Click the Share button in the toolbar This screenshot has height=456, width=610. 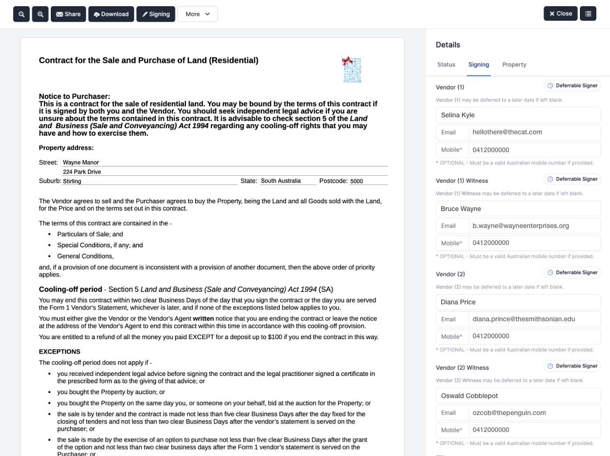(x=68, y=14)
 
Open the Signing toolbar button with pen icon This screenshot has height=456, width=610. (x=156, y=14)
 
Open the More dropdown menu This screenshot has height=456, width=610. (x=198, y=14)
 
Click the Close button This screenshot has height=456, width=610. (x=561, y=14)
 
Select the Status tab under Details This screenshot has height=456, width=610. (x=446, y=65)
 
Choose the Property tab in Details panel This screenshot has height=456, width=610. (x=514, y=65)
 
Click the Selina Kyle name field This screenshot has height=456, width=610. (x=518, y=115)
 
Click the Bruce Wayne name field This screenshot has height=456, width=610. (x=518, y=209)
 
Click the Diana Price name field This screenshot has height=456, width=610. (x=518, y=302)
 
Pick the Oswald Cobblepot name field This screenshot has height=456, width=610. (x=518, y=396)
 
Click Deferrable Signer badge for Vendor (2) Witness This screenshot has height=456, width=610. (x=572, y=366)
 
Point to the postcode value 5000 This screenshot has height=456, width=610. (x=356, y=181)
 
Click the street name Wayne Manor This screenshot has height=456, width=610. (x=81, y=163)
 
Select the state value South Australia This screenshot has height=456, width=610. (x=281, y=181)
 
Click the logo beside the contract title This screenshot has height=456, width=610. (x=352, y=70)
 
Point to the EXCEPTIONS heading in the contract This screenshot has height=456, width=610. (x=60, y=352)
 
